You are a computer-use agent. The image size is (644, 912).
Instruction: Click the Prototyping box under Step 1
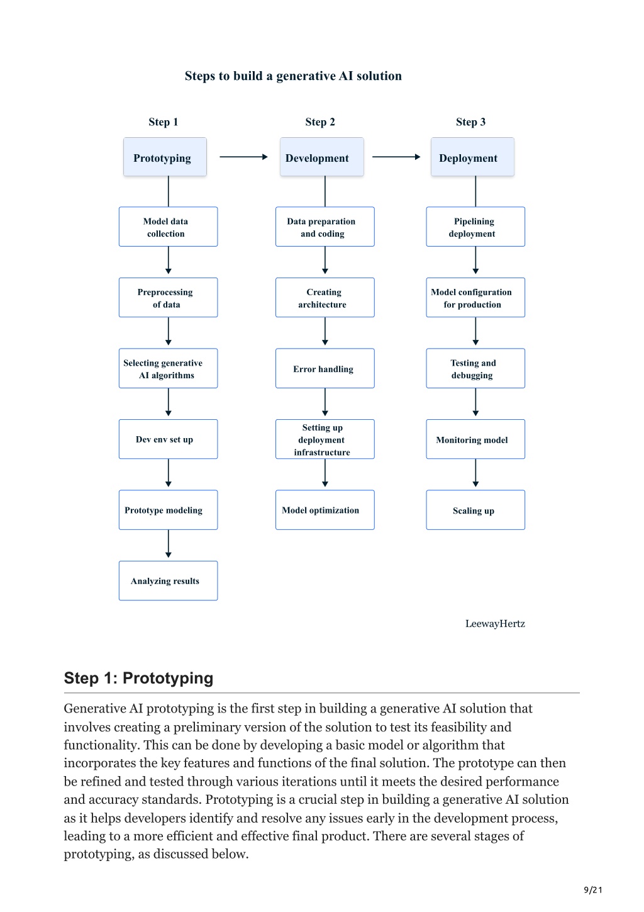[x=165, y=157]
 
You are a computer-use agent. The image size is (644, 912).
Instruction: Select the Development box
[x=321, y=157]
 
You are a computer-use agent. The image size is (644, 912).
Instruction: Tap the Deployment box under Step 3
[x=472, y=157]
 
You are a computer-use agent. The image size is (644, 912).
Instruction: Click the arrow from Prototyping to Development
[x=243, y=157]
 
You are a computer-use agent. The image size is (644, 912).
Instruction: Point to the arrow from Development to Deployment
[x=396, y=157]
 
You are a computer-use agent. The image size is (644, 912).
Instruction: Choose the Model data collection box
[x=168, y=227]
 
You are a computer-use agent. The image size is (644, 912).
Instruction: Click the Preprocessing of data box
[x=168, y=298]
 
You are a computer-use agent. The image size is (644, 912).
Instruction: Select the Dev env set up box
[x=168, y=439]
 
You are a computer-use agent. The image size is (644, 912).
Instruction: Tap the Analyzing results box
[x=168, y=581]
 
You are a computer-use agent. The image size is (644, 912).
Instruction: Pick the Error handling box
[x=325, y=368]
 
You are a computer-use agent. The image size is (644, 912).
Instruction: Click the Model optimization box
[x=325, y=510]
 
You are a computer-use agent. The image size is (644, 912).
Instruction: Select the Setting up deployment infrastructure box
[x=325, y=439]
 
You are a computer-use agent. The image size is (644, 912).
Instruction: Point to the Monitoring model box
[x=475, y=439]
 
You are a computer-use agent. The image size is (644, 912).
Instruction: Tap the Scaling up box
[x=475, y=510]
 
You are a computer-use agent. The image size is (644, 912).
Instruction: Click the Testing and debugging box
[x=475, y=368]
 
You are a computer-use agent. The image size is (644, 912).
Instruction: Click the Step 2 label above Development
[x=320, y=122]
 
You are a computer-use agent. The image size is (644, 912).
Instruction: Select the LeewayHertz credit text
[x=495, y=624]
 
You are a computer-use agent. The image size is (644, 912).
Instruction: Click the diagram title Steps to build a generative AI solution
[x=293, y=76]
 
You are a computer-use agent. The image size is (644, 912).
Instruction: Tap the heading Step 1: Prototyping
[x=138, y=678]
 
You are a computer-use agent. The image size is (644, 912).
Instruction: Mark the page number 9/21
[x=592, y=890]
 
